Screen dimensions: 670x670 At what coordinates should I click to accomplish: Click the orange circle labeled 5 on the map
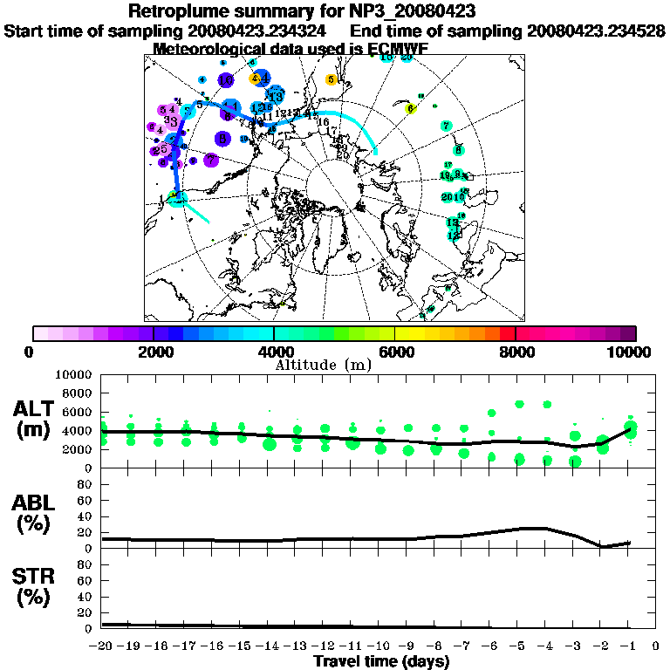coord(332,79)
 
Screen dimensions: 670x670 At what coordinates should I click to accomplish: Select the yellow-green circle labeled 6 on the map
coord(410,109)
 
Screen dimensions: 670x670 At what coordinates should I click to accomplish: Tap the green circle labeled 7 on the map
coord(447,126)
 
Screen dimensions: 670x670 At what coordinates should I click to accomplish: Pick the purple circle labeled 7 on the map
coord(210,160)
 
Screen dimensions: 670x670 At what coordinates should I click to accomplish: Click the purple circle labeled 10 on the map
coord(226,80)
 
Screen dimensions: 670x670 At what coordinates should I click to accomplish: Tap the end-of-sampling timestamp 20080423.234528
coord(596,31)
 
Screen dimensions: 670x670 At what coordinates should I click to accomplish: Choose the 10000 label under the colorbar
coord(629,352)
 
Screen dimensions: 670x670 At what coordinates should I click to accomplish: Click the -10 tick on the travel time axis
coord(379,646)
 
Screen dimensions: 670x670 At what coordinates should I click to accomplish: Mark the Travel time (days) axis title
coord(381,662)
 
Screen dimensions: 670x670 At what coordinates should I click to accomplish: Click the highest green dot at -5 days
coord(519,404)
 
